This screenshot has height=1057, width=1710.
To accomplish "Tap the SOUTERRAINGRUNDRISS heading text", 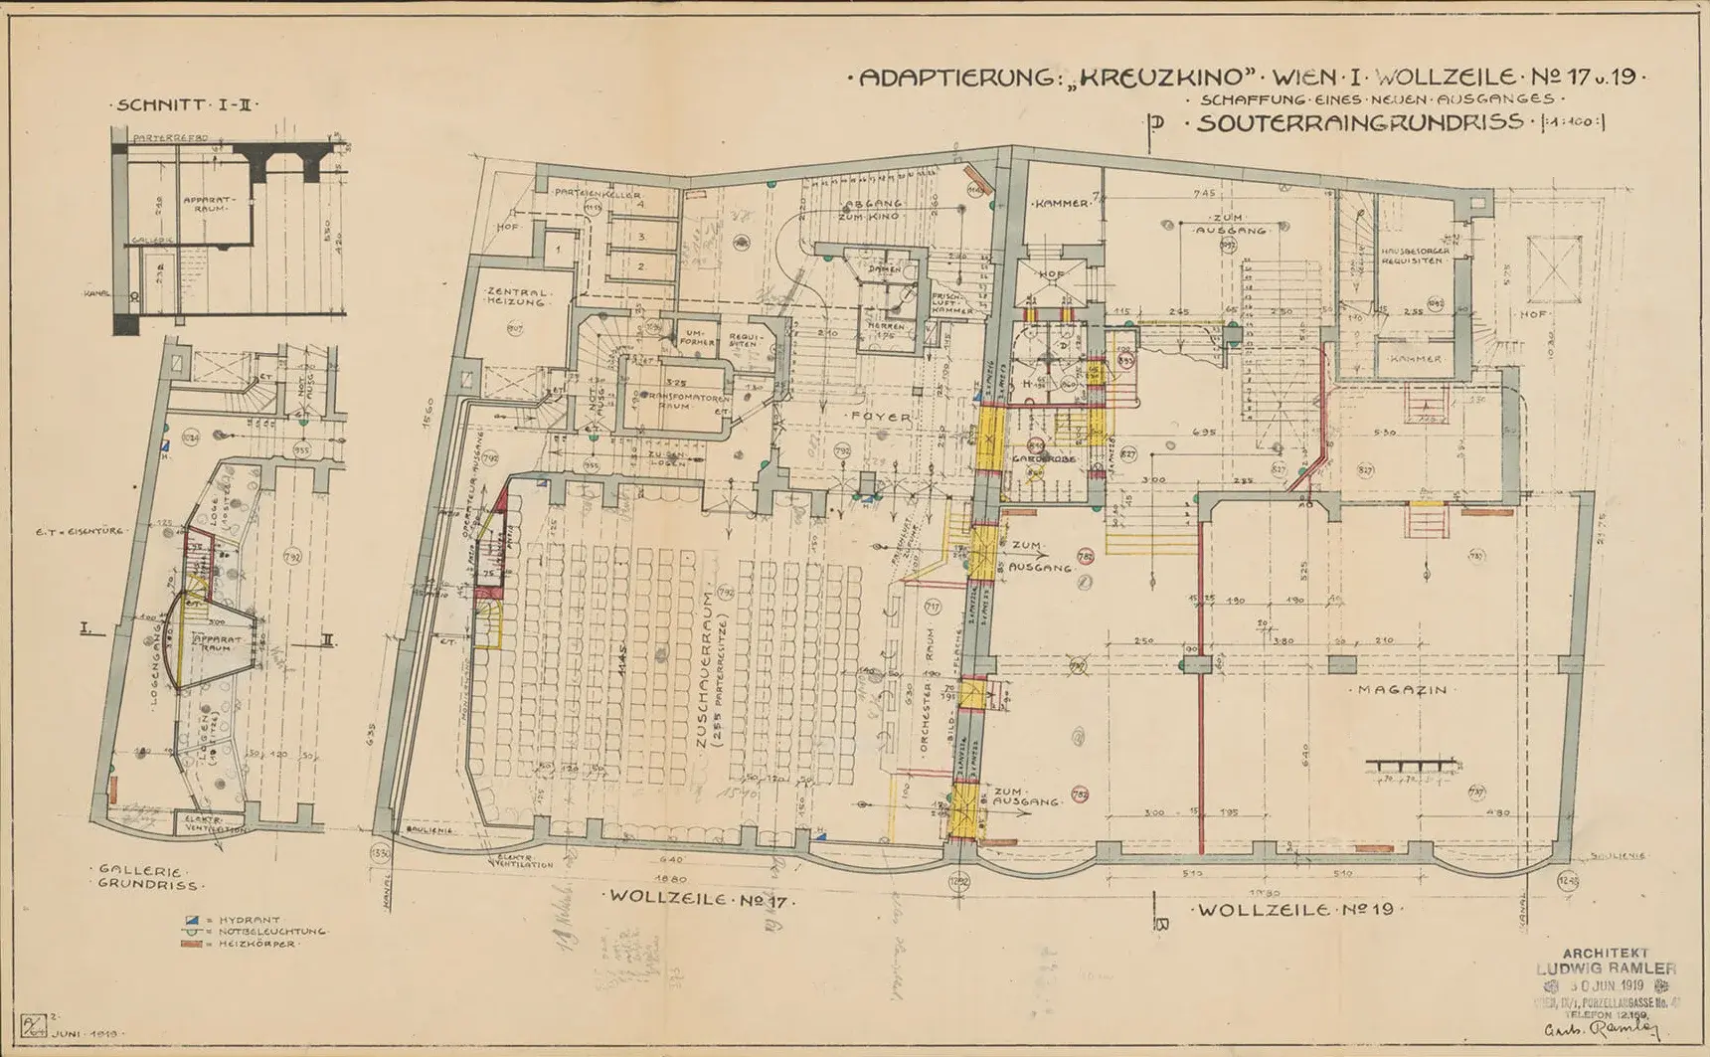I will point(1359,123).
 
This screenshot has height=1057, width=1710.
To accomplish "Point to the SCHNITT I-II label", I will point(189,104).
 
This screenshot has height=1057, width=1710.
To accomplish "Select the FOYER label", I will point(880,418).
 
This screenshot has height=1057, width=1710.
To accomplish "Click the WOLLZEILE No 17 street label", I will point(697,898).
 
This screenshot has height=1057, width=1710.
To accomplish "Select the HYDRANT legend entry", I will point(243,921).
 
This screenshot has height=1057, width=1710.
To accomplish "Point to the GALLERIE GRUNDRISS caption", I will point(147,877).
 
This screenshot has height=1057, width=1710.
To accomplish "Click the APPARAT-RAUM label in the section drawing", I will point(208,205).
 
